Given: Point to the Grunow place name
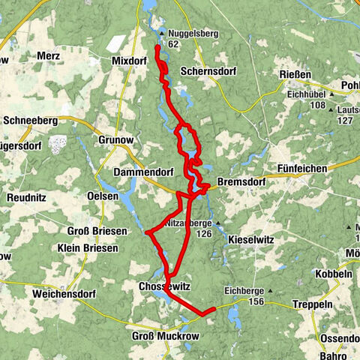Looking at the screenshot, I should (x=114, y=139).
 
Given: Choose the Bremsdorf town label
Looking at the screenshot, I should (x=240, y=181).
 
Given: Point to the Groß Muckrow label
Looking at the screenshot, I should (x=166, y=337).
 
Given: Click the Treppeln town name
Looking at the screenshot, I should (x=311, y=304).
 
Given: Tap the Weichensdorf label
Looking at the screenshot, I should (x=67, y=295).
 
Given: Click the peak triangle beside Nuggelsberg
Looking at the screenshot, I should (x=162, y=34).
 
